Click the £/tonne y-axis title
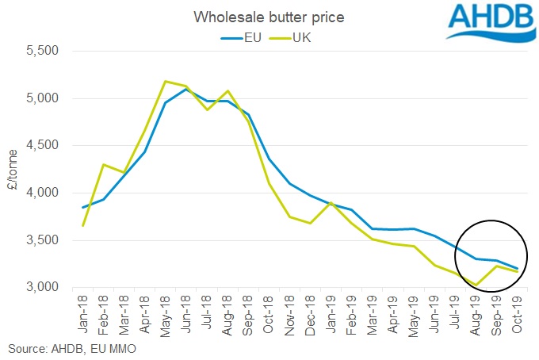point(14,169)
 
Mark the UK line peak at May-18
point(164,81)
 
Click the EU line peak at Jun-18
point(185,89)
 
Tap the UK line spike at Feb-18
point(103,165)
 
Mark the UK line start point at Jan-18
point(82,225)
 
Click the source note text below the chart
point(63,348)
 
